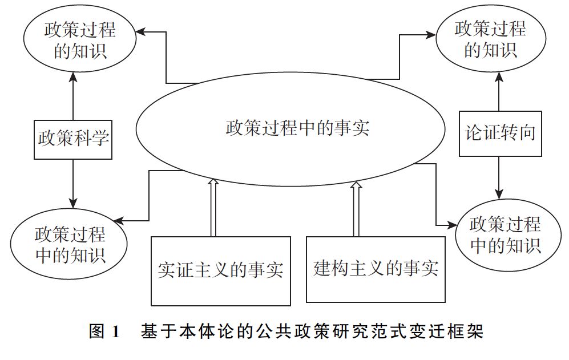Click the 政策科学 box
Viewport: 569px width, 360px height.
tap(73, 139)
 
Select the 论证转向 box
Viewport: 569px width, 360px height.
tap(500, 133)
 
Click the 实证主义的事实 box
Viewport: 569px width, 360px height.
tap(220, 270)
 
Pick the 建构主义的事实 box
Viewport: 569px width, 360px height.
tap(376, 268)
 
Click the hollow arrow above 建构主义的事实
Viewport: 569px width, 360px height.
tap(356, 208)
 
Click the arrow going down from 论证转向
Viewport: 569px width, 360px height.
tap(500, 177)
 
